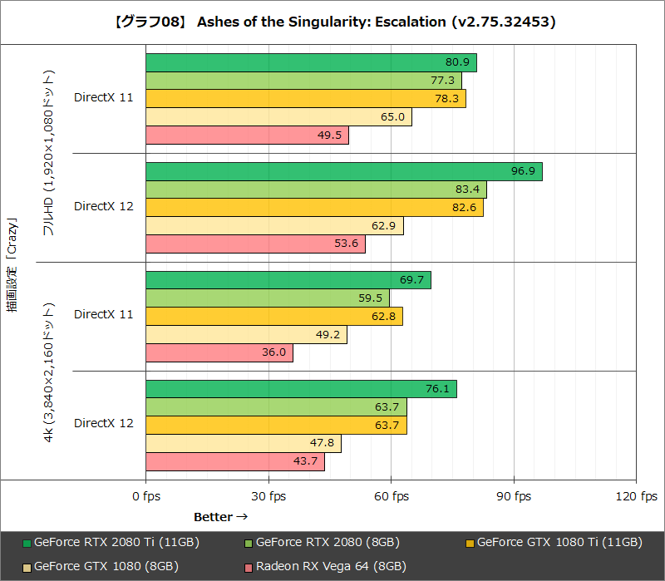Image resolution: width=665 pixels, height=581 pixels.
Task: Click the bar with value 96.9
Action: pyautogui.click(x=344, y=171)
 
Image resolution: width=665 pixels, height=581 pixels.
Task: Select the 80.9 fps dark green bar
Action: pyautogui.click(x=311, y=62)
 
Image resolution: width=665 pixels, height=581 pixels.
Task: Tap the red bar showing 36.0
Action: pyautogui.click(x=219, y=352)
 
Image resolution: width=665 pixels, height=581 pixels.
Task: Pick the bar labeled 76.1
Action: pyautogui.click(x=301, y=389)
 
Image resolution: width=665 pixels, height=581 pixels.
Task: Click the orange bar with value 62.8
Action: pyautogui.click(x=274, y=316)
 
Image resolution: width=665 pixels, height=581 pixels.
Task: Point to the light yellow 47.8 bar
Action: pyautogui.click(x=244, y=443)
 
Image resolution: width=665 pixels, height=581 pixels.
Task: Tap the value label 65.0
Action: pyautogui.click(x=392, y=117)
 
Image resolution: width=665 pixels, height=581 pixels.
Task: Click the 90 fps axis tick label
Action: pyautogui.click(x=514, y=496)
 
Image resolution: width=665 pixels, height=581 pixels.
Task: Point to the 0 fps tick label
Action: pyautogui.click(x=146, y=496)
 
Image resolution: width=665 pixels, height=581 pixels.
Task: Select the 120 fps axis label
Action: pyautogui.click(x=637, y=496)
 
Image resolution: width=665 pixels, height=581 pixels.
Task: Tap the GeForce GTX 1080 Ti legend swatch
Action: pyautogui.click(x=470, y=544)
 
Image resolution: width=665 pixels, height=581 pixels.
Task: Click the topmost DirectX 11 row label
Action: pyautogui.click(x=103, y=97)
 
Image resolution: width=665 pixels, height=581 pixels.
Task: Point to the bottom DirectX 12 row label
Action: pyautogui.click(x=103, y=424)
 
